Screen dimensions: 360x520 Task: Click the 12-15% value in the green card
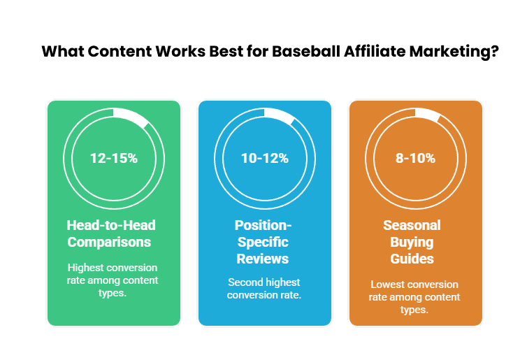coord(114,158)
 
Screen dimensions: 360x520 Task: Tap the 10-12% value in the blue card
coord(265,158)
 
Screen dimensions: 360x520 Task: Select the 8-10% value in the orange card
coord(415,158)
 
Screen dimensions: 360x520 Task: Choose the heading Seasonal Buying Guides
coord(412,242)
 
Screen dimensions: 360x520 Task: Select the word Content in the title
coord(113,52)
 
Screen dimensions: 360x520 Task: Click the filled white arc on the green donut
coord(132,117)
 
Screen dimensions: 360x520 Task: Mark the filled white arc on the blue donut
coord(282,117)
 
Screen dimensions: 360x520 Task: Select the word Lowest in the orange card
coord(389,285)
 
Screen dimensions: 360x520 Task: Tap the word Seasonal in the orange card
coord(412,225)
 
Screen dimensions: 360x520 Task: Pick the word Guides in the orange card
coord(412,259)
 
